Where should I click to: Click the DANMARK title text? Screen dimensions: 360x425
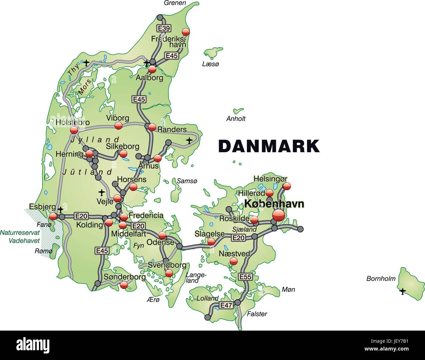click(269, 146)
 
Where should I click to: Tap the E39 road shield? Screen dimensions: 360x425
click(164, 28)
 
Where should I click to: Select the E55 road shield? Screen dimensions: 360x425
click(245, 277)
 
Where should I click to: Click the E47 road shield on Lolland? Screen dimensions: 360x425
click(226, 305)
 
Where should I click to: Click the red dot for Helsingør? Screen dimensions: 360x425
click(286, 186)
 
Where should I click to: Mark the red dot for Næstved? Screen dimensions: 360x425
click(233, 261)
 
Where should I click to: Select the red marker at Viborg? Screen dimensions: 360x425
click(118, 125)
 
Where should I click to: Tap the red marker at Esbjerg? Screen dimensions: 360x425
click(53, 216)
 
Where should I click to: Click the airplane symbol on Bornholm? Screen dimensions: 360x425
click(402, 291)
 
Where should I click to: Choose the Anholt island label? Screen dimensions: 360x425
click(236, 119)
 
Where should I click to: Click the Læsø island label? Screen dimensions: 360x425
click(210, 64)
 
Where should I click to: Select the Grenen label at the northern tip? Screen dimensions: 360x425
click(175, 3)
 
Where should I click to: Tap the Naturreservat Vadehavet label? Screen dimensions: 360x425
click(20, 237)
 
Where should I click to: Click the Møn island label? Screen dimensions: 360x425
click(288, 289)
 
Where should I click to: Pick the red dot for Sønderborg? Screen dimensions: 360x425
click(124, 285)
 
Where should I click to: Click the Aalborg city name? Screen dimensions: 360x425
click(149, 78)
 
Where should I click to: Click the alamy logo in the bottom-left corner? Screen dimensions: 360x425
click(33, 345)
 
